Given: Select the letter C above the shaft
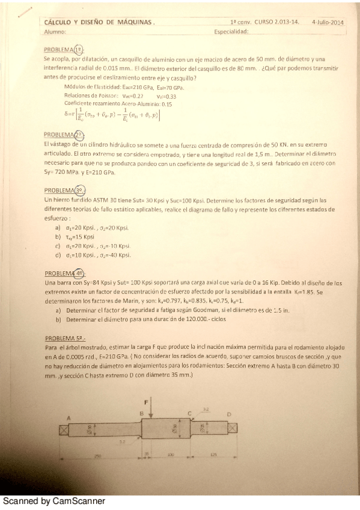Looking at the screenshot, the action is pos(189,413).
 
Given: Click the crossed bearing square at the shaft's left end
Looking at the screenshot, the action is pos(63,429).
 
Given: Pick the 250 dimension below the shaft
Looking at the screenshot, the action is pos(98,456).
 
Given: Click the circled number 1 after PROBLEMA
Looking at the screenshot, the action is pos(80,49).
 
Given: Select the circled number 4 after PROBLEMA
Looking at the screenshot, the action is pos(80,271).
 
